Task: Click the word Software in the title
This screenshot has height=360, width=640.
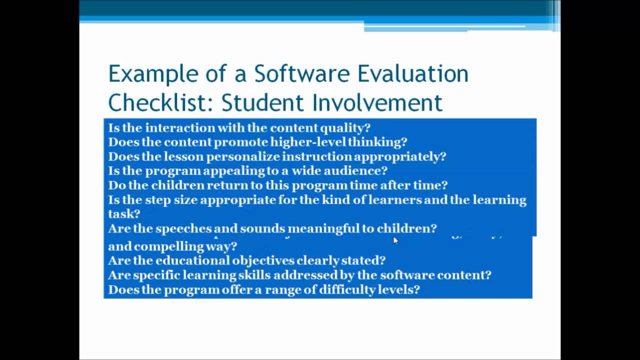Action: (302, 74)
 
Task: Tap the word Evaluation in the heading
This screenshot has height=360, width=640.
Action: (413, 74)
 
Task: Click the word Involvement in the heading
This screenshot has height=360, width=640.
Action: (377, 102)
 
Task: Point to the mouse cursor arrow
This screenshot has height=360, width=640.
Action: (395, 240)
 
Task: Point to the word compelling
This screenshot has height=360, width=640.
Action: (164, 246)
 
